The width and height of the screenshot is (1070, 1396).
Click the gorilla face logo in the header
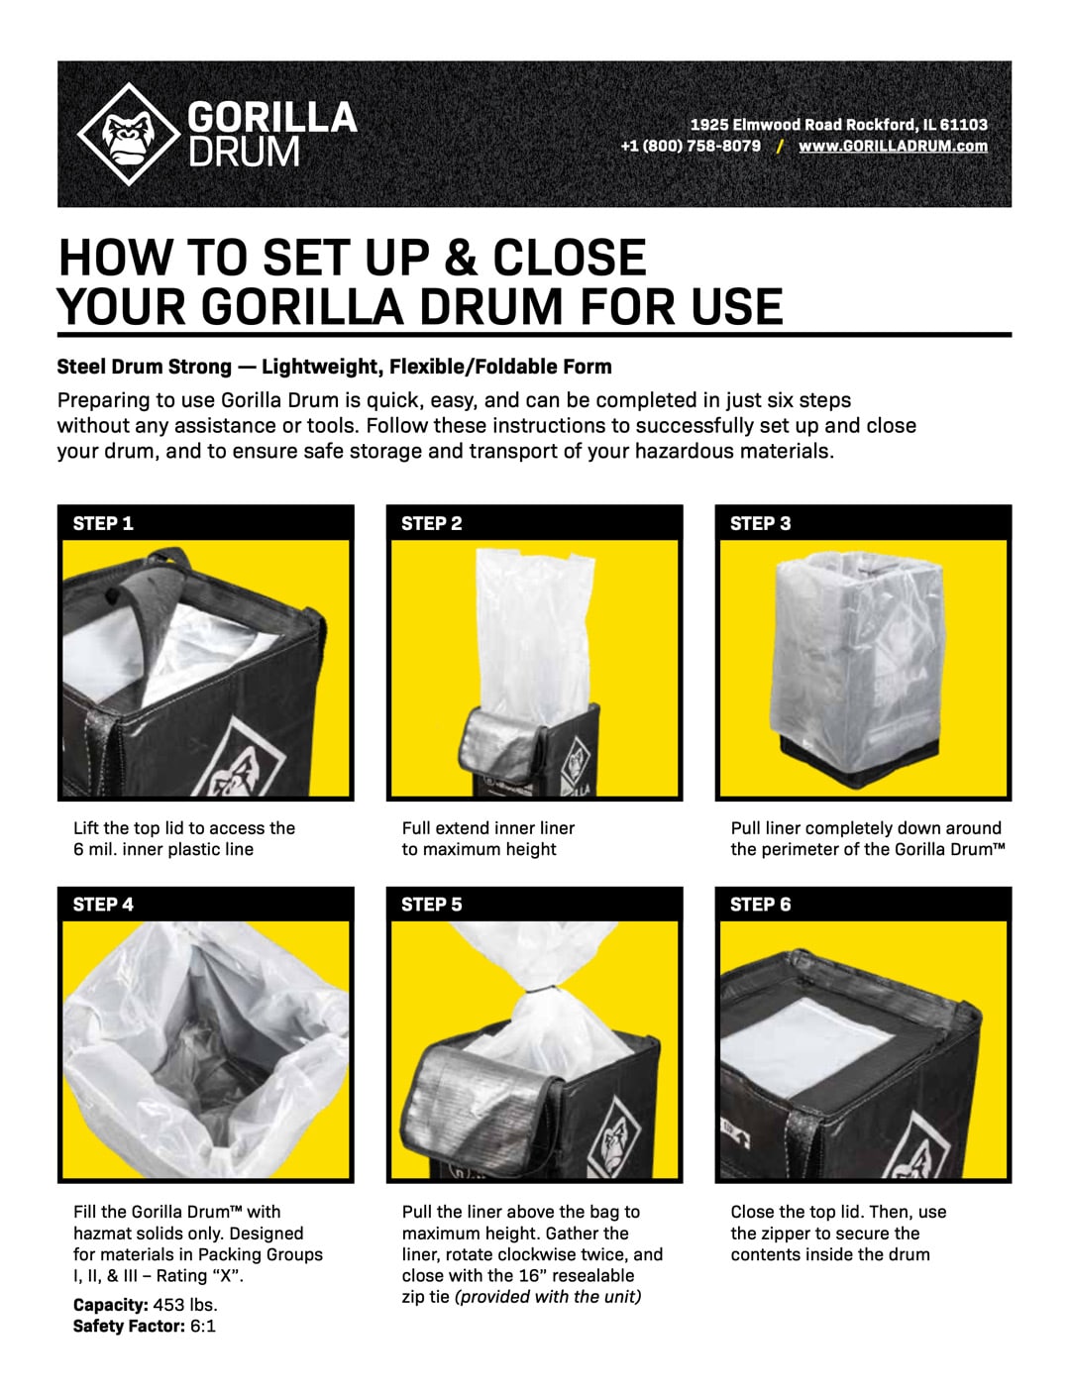(x=129, y=135)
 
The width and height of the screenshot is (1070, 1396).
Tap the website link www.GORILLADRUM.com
(x=893, y=147)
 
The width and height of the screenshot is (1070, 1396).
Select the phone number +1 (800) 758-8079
(x=691, y=146)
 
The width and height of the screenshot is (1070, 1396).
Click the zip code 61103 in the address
(x=963, y=124)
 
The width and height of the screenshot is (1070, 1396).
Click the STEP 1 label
(x=103, y=523)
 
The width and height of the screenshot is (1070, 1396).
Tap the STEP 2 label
(x=432, y=523)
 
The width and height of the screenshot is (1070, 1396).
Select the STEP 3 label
(x=761, y=523)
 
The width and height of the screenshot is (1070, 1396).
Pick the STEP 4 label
(x=103, y=905)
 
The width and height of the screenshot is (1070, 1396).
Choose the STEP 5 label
(x=432, y=905)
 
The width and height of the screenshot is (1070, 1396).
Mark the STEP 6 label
(x=761, y=905)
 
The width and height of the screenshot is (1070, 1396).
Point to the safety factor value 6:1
(x=203, y=1326)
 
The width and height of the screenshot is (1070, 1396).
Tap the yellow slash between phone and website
(x=780, y=147)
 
